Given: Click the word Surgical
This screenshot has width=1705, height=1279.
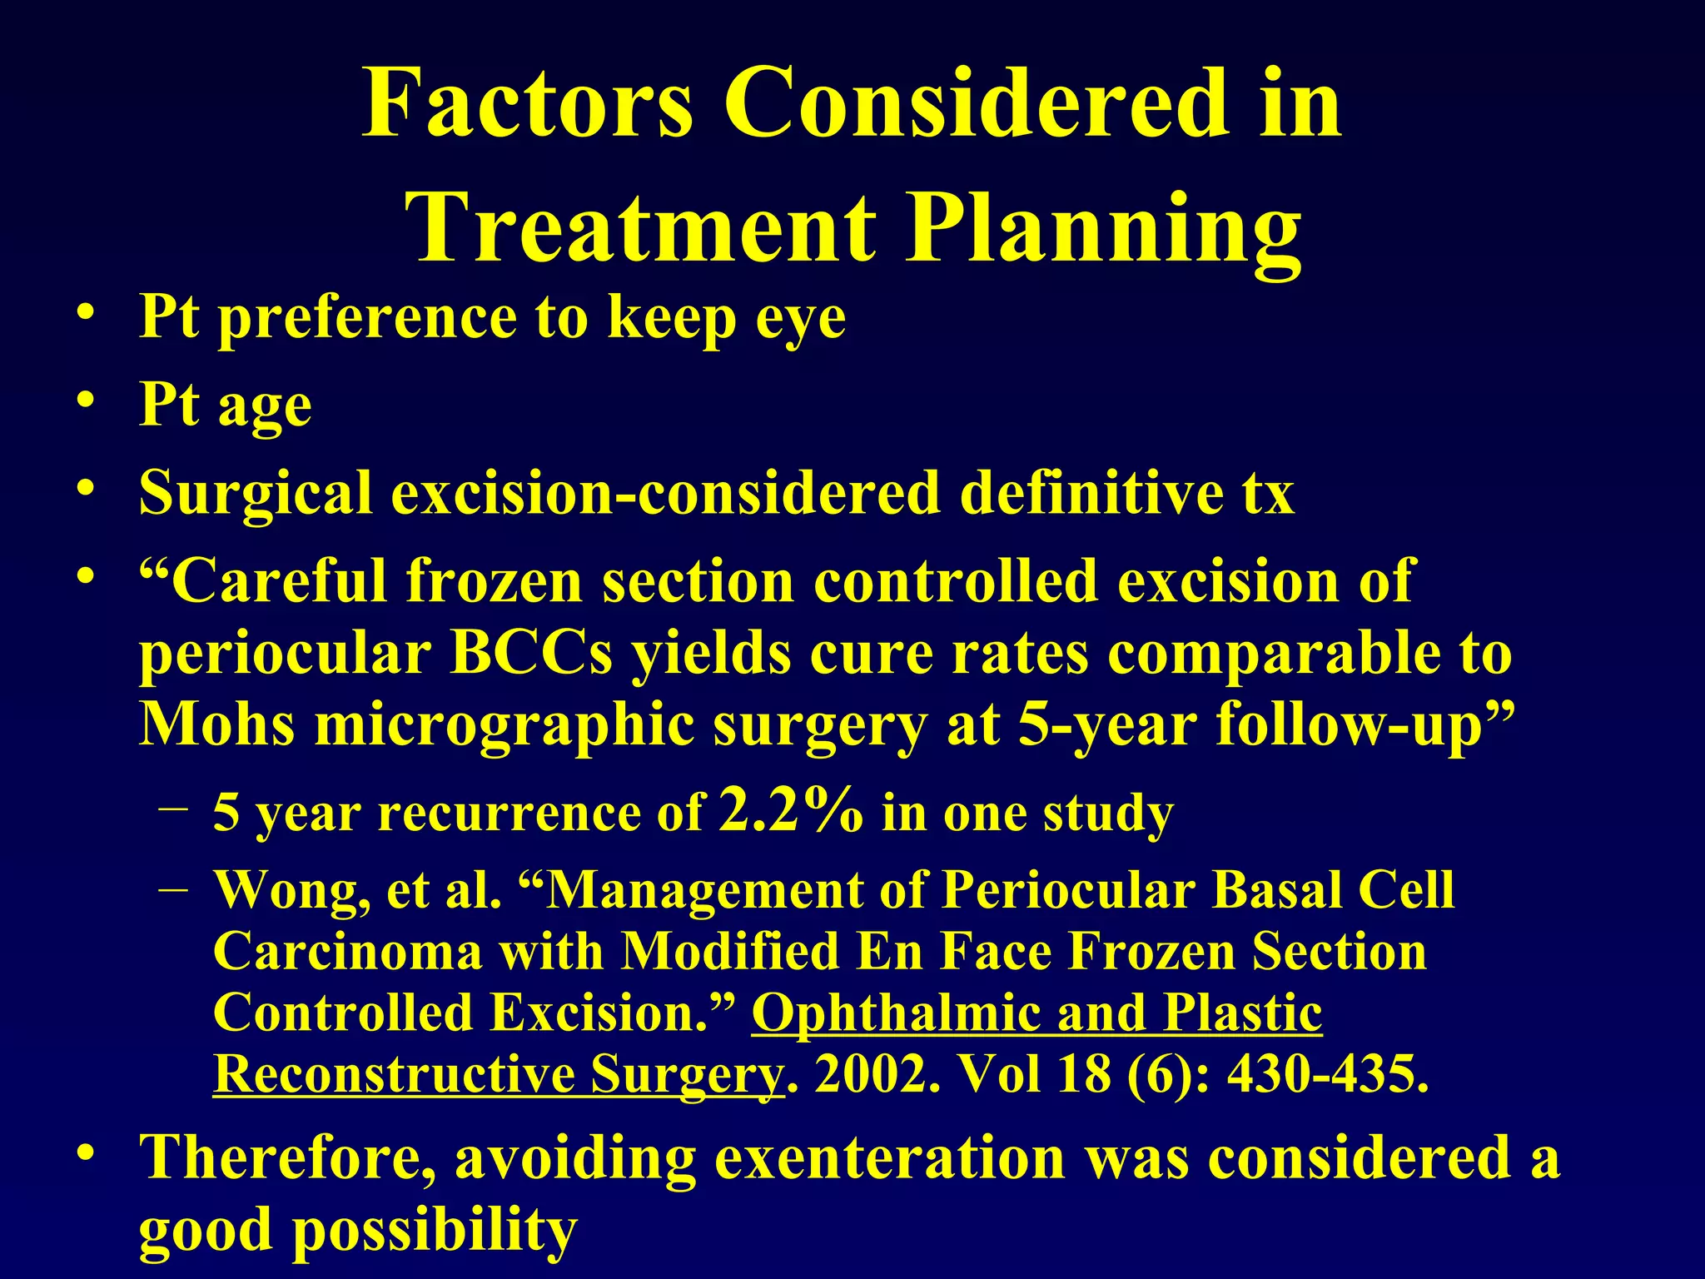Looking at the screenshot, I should [255, 493].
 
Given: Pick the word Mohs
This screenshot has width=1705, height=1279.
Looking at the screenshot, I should [216, 724].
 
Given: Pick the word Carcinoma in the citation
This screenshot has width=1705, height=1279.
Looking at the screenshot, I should [347, 952].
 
